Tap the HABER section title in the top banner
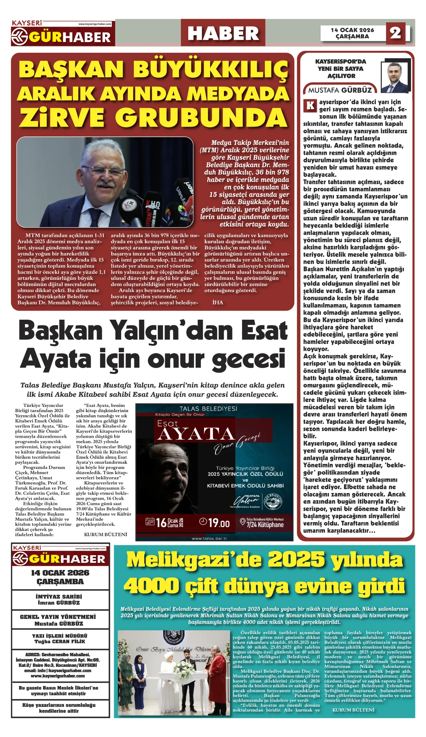pos(223,33)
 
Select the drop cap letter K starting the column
pos(310,106)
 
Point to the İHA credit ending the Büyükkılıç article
pos(217,302)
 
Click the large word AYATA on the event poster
pos(196,434)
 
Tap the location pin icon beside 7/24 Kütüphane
pos(242,522)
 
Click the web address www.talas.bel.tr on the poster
pos(209,538)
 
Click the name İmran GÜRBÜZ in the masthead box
pos(59,602)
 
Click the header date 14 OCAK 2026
pos(352,30)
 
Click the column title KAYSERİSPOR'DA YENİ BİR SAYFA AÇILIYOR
pos(340,69)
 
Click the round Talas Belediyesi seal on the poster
pos(274,501)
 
